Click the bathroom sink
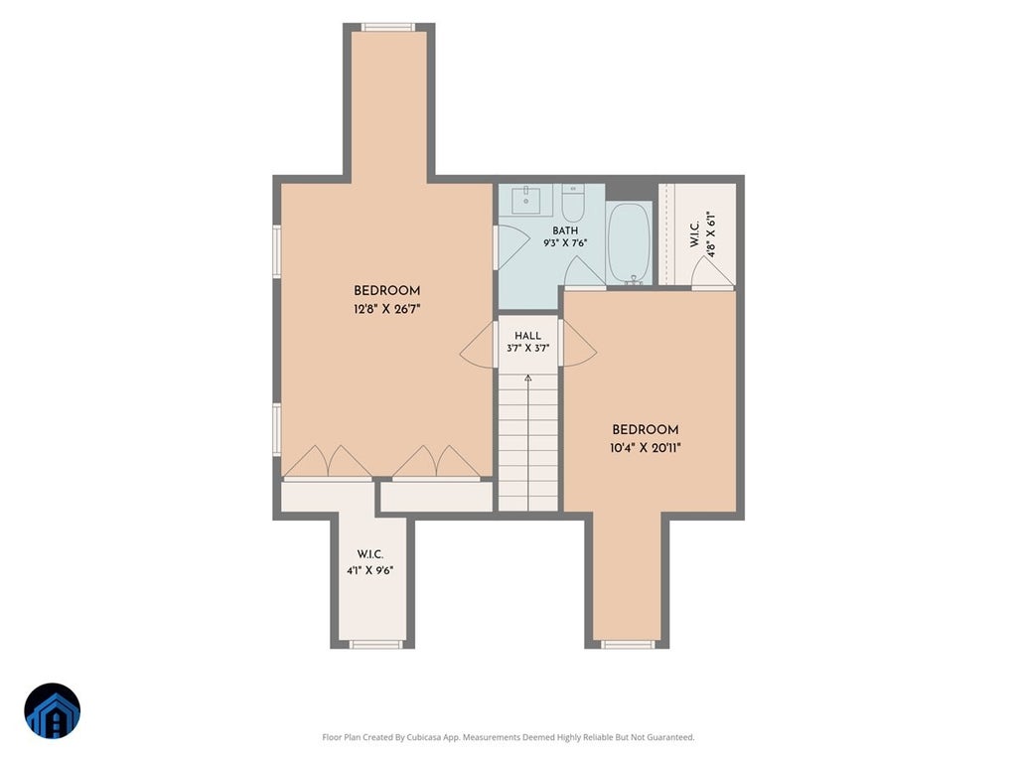[x=526, y=199]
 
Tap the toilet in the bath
[x=573, y=203]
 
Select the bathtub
[x=629, y=243]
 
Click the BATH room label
[x=565, y=230]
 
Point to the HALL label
[x=527, y=336]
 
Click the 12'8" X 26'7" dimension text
[x=387, y=309]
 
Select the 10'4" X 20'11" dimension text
[x=646, y=448]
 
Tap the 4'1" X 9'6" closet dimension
[x=369, y=571]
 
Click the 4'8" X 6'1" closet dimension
[x=711, y=234]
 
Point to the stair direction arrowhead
[x=528, y=378]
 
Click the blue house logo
[x=53, y=711]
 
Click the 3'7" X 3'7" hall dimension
[x=527, y=348]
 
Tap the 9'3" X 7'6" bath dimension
[x=565, y=243]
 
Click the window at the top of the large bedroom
[x=388, y=27]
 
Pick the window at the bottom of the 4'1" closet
[x=376, y=644]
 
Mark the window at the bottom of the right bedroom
[x=628, y=644]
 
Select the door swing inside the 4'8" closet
[x=712, y=272]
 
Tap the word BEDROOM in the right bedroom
[x=646, y=429]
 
